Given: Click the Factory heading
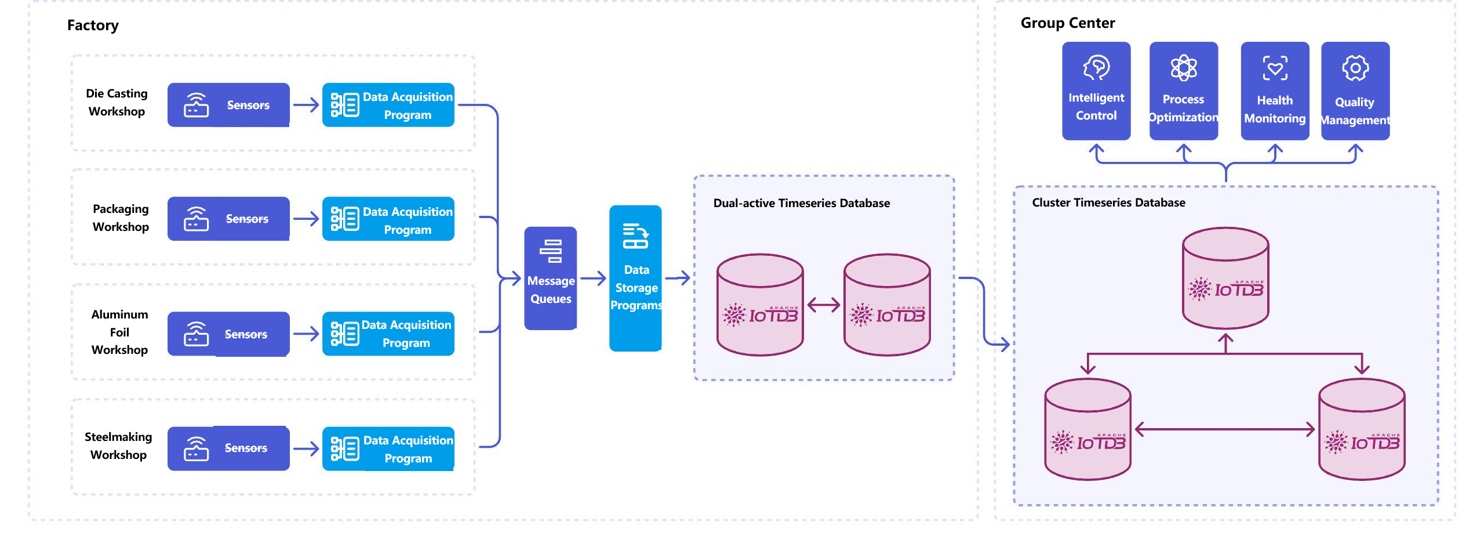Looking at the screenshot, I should (93, 26).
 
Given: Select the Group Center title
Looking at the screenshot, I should (1067, 23).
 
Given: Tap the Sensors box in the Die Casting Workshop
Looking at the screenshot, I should (228, 105).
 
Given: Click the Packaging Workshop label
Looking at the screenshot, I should (121, 218).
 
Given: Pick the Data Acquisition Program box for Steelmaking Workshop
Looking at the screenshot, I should (388, 449).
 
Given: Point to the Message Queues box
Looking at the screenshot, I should (550, 278).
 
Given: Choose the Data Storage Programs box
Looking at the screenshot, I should (635, 278).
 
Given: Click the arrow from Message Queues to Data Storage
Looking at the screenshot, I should (593, 278).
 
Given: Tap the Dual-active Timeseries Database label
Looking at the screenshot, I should (801, 203).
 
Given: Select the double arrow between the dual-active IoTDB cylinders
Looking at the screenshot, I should (823, 305).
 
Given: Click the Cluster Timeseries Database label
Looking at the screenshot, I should (1108, 202).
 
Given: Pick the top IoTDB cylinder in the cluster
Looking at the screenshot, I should (1225, 278).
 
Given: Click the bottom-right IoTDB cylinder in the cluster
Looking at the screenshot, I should (1362, 429).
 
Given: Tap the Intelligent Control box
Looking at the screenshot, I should (1096, 91).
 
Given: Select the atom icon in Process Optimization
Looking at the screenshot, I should (1184, 68).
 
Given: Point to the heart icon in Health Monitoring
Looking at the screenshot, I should (1275, 68).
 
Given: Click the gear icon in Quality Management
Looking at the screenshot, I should (1355, 68).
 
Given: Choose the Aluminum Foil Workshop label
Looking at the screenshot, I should (119, 332).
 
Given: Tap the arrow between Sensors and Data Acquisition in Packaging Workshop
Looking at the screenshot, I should (306, 219).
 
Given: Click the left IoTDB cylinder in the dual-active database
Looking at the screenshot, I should (760, 305).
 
